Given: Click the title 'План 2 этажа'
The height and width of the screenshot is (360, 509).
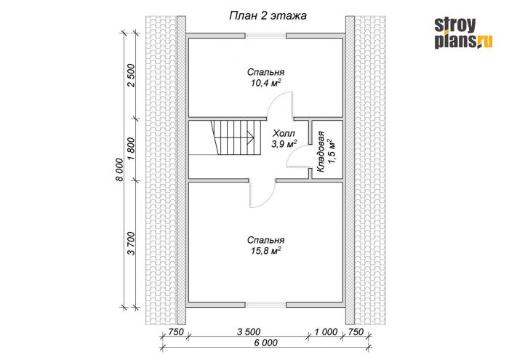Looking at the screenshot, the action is pos(268,16).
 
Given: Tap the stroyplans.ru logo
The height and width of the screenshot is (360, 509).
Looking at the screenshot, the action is pos(464,33).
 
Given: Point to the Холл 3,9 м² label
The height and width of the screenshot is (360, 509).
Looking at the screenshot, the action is pos(284,139).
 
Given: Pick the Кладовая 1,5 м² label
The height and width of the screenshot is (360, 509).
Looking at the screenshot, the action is pos(325,151).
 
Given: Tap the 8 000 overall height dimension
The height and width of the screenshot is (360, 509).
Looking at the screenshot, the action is pos(119,169).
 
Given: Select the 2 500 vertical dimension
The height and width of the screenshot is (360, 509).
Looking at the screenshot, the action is pos(131,76).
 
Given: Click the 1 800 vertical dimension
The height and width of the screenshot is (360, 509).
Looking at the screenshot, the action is pos(131,148).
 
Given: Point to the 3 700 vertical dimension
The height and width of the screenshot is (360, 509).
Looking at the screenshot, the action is pos(131,244).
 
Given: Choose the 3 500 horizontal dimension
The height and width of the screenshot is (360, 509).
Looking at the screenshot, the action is pos(249,332).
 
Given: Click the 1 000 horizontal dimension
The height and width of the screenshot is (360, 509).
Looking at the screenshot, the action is pos(326,332).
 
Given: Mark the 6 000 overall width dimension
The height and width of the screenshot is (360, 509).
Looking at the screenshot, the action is pos(266,343).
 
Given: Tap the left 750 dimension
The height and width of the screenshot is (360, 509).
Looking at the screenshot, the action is pos(176,332).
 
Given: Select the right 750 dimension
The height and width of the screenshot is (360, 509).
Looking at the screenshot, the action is pos(356,332).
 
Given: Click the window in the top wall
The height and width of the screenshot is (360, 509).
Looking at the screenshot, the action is pos(265,36).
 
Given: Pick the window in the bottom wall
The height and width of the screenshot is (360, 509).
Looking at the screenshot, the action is pos(265,305).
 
